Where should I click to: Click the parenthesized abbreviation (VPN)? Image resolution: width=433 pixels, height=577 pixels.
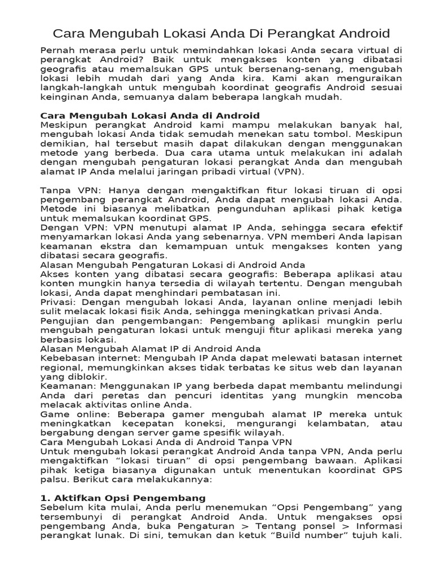coord(290,171)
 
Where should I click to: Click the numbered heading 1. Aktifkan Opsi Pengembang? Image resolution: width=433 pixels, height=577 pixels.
coord(123,498)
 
